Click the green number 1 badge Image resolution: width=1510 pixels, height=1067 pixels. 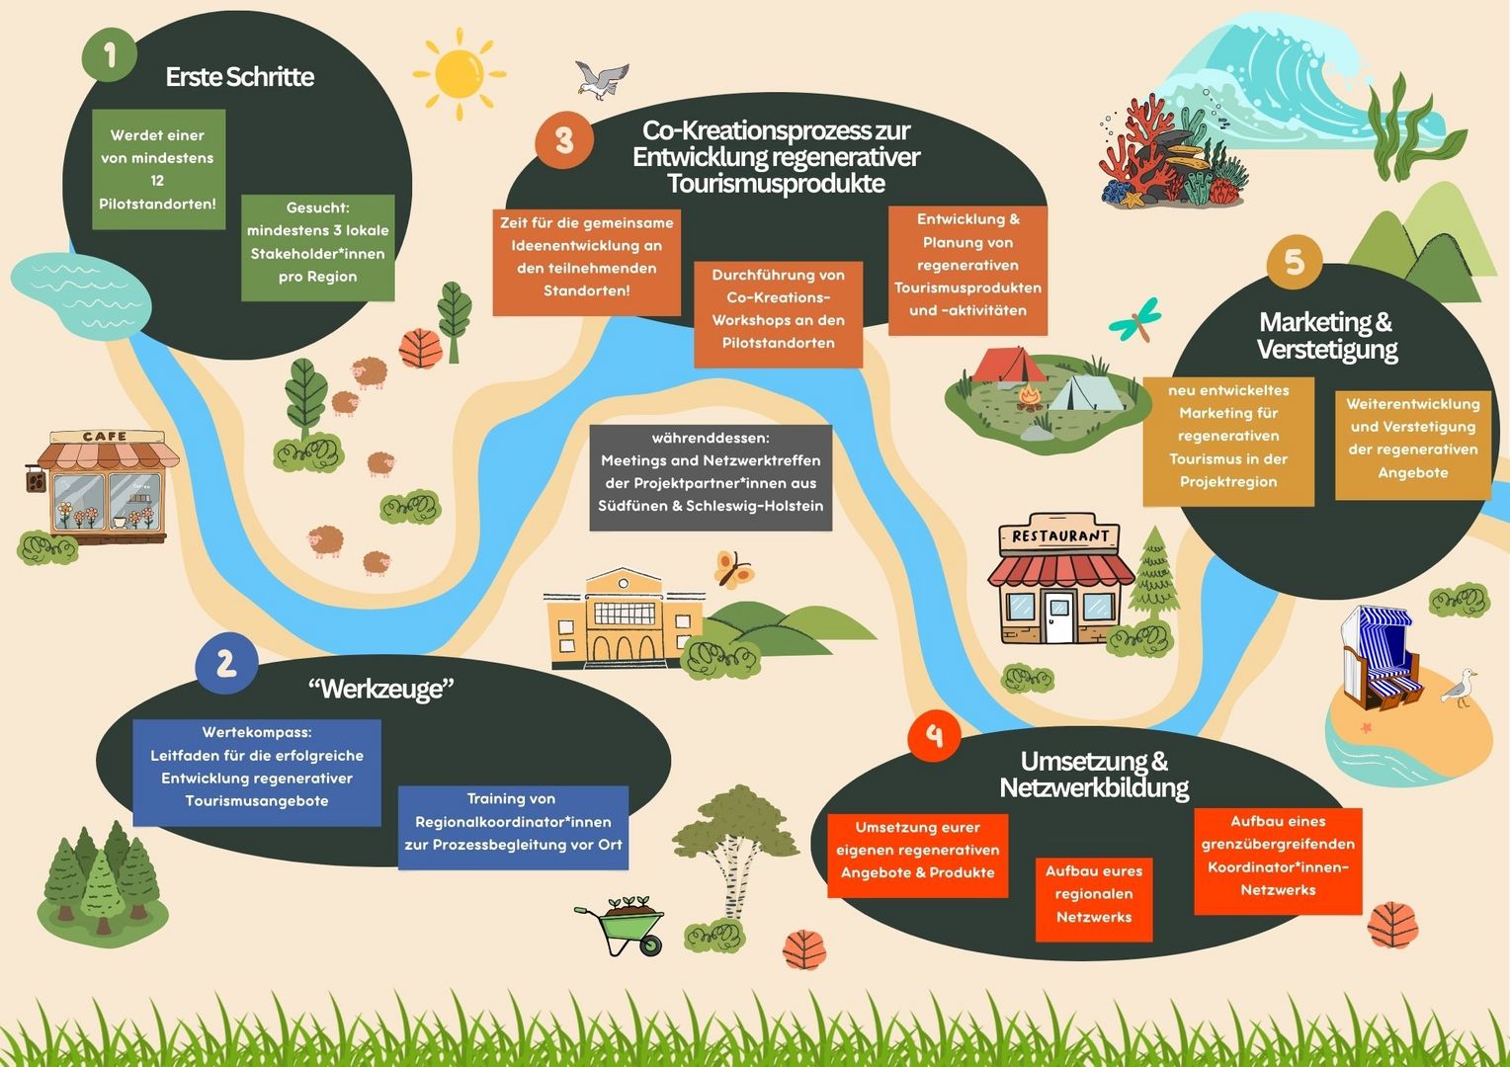(110, 54)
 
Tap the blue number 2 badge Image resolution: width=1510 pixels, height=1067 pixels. (226, 663)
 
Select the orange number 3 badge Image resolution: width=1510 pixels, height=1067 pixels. (564, 140)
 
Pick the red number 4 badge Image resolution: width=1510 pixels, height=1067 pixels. (934, 735)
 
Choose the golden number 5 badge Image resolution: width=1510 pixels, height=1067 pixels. (1294, 262)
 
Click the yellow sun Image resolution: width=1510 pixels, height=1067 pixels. (460, 74)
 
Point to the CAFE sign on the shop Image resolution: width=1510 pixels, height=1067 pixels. (105, 437)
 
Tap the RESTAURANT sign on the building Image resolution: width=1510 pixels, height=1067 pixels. (1059, 535)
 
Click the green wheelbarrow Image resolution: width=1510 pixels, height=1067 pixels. (621, 926)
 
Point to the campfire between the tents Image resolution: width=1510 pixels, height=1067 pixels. (1030, 398)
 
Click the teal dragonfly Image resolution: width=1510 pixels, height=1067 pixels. (1136, 320)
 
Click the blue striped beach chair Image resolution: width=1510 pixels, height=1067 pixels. (1380, 658)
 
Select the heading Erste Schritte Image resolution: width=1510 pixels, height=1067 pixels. (240, 77)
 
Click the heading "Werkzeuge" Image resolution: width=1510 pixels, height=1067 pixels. (380, 689)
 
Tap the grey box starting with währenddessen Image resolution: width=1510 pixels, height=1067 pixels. (711, 478)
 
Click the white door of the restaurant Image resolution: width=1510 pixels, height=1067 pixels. (1059, 616)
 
